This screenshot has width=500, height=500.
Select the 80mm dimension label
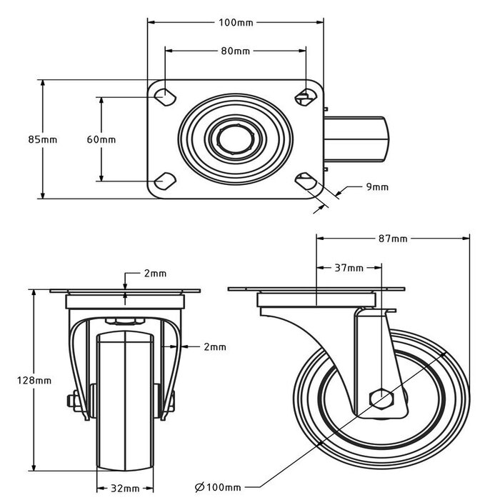235,51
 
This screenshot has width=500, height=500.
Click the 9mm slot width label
376,187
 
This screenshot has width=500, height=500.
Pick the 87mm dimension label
392,239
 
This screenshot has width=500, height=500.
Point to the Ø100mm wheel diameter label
218,487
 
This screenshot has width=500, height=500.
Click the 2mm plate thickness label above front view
154,273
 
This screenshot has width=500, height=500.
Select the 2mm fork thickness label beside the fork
214,347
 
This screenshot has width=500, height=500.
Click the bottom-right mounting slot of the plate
306,181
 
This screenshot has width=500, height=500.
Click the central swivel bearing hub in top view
236,139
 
